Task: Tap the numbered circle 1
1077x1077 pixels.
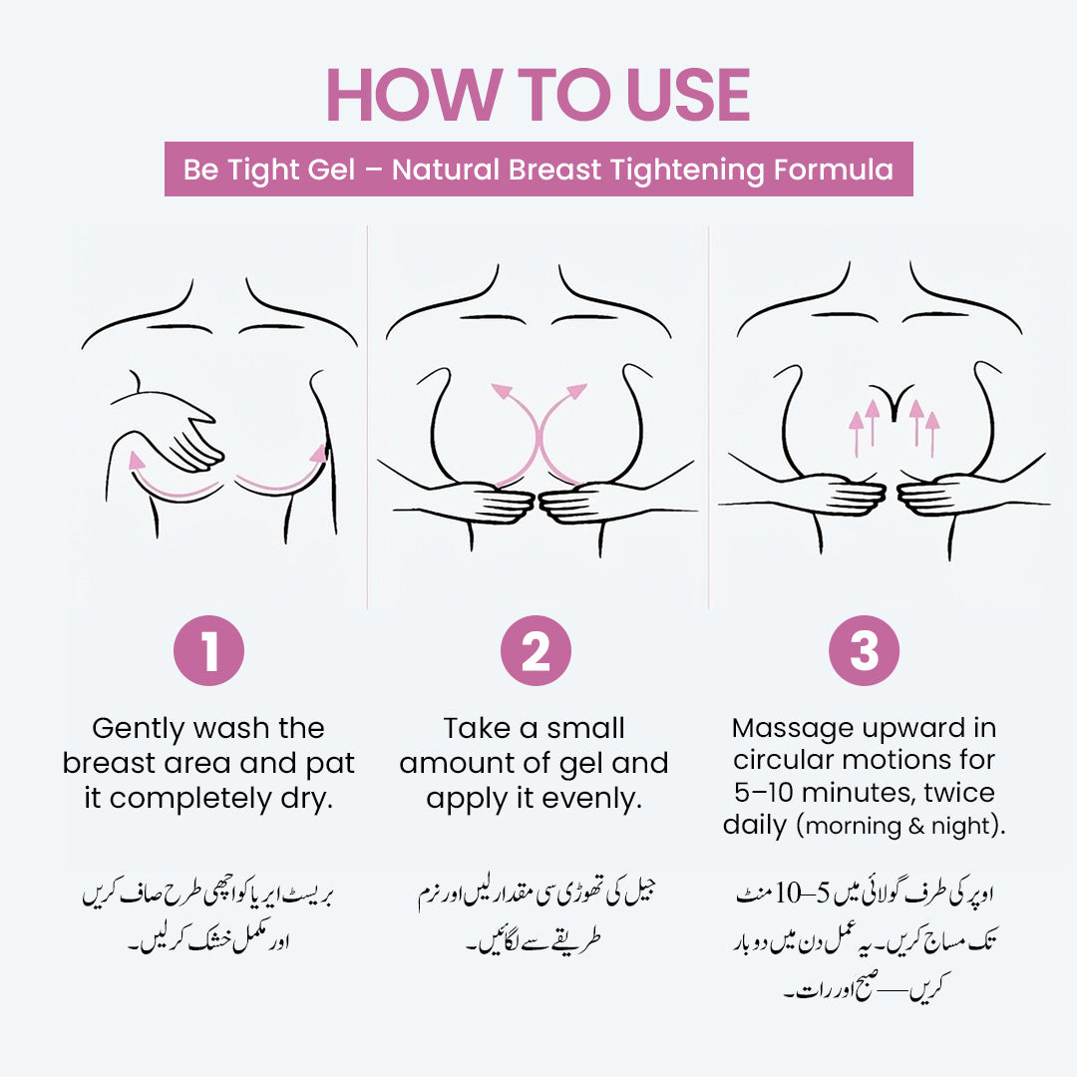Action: pos(209,651)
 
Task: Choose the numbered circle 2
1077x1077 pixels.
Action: pos(537,651)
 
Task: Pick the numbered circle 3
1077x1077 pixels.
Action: pos(864,651)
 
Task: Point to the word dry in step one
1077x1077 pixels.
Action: pos(306,800)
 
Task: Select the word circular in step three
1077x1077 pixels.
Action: pos(789,760)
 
